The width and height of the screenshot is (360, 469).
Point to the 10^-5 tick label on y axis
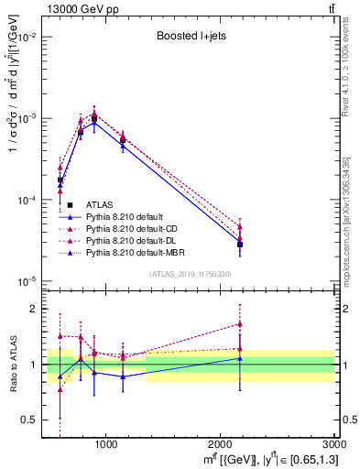click(x=29, y=281)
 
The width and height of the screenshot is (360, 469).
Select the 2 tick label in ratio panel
click(x=37, y=309)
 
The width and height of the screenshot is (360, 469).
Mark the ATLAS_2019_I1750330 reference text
click(x=191, y=274)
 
